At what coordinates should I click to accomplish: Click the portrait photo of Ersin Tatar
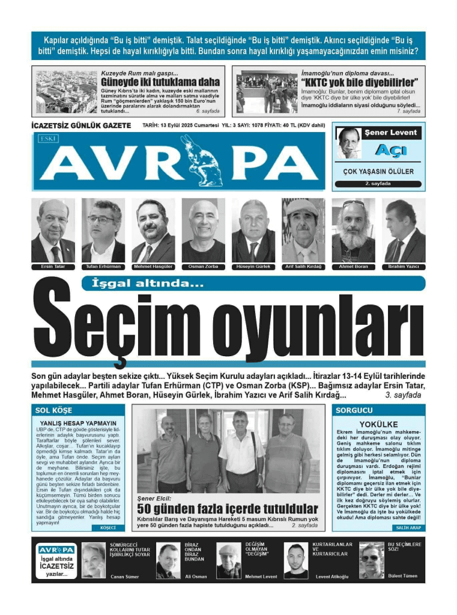53,230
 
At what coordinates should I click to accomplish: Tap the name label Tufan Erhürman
103,266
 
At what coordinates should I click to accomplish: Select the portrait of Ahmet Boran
353,230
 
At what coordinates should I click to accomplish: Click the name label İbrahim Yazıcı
404,266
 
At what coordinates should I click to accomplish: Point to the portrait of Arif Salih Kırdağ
303,230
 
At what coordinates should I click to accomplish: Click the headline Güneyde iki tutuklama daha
160,82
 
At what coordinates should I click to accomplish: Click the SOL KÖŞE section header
54,410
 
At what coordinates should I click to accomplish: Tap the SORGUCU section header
354,410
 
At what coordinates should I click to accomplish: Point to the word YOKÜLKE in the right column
378,424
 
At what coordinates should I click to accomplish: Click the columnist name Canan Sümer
124,577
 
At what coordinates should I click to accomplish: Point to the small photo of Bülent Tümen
371,560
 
